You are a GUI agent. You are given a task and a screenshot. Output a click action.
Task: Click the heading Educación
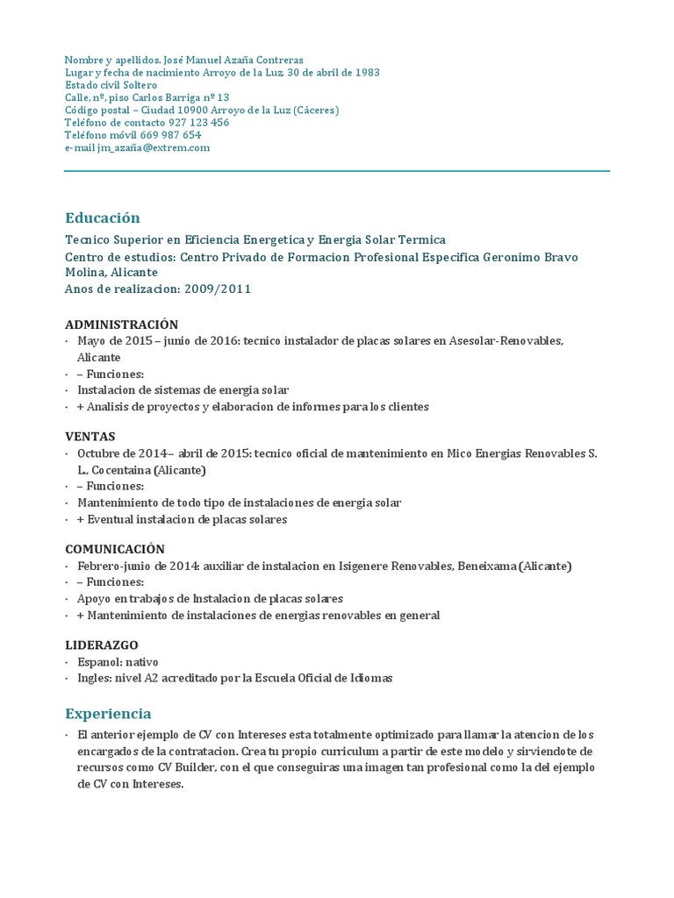(103, 217)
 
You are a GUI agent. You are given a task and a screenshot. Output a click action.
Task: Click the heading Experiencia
(109, 713)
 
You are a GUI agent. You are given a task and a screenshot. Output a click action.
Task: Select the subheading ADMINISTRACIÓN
(122, 324)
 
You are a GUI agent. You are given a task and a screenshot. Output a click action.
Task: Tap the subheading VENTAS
(90, 436)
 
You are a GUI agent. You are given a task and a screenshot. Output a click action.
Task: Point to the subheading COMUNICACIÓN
(115, 549)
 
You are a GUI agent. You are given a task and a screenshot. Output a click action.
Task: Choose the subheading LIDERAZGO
(102, 645)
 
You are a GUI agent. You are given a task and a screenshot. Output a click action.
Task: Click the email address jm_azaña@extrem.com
(154, 148)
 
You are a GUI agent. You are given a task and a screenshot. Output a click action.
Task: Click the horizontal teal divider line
(337, 171)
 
